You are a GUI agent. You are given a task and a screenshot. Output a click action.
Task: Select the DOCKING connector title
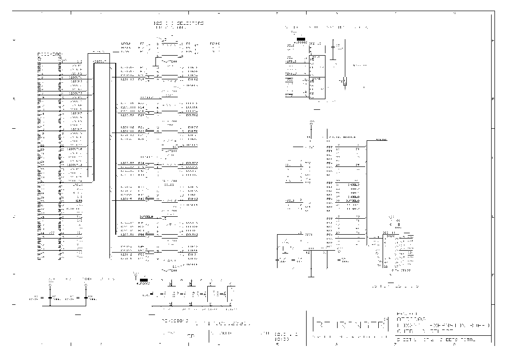50,54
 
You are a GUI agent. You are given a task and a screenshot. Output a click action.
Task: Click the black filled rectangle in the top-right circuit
301,39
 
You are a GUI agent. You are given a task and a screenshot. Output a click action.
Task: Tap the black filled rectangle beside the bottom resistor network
143,280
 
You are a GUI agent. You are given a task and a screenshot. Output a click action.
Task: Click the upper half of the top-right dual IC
317,66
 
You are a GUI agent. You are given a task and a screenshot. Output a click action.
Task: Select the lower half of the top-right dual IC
317,88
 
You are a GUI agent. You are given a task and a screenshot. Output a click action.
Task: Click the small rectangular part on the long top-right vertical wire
345,82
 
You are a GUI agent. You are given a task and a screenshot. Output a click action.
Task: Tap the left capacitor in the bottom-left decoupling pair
50,297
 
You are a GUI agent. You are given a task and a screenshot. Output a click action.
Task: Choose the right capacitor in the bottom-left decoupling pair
86,297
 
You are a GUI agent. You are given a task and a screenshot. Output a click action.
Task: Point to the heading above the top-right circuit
329,27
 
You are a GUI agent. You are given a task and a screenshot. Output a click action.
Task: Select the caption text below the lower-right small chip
394,286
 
